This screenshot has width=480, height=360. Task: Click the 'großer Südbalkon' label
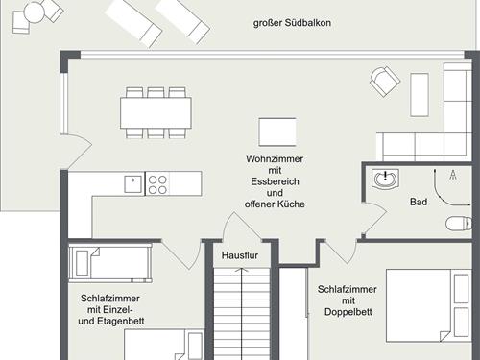292,23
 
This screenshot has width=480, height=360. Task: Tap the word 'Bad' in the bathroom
419,202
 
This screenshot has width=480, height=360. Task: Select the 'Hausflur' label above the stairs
240,255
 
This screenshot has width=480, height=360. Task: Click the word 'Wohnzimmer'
275,158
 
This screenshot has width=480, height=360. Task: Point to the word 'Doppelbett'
348,312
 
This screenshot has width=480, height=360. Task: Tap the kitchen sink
133,184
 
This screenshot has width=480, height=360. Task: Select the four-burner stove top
157,184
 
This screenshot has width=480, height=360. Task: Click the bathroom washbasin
385,179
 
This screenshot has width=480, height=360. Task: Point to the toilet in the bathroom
459,223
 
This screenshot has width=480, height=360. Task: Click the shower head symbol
453,175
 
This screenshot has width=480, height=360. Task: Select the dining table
156,113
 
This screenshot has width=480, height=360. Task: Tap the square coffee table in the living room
277,132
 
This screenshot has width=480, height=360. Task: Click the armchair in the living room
385,82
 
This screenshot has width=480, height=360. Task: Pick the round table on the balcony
34,12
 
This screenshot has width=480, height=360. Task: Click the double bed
429,305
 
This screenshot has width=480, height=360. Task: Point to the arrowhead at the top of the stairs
241,271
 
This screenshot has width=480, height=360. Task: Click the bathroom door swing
375,218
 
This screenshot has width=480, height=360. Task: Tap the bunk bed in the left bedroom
110,263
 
